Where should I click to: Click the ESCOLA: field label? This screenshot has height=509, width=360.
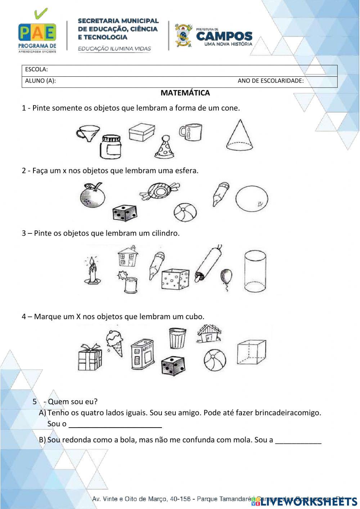coord(36,70)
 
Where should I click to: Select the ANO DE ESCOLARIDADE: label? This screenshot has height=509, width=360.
coord(270,81)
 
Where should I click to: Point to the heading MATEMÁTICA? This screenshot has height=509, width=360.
coord(185,93)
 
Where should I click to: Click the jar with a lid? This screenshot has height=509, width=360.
coord(111,147)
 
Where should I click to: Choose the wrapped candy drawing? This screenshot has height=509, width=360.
coord(159,191)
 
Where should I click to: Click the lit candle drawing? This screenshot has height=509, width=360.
coord(92,271)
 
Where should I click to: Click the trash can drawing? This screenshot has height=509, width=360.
coord(177,338)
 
